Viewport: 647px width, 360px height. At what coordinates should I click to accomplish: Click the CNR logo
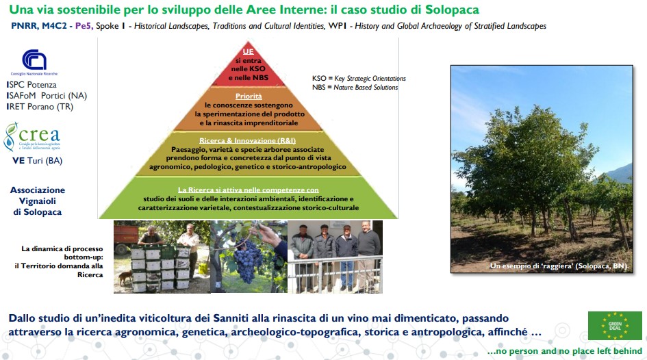pos(34,62)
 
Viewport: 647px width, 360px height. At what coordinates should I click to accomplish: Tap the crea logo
pos(32,137)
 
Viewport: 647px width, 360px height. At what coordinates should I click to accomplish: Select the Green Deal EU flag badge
pos(615,325)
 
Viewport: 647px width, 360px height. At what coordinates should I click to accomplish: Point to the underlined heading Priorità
pos(249,96)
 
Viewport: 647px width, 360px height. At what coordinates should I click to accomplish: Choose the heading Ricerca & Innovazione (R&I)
pos(248,140)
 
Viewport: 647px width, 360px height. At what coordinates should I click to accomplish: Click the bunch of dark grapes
pos(246,260)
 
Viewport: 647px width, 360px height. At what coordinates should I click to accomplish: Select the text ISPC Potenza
pos(31,85)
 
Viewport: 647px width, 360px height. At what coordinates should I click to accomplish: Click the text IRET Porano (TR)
pos(40,106)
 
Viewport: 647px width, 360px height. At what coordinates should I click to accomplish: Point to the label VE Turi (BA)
pos(37,160)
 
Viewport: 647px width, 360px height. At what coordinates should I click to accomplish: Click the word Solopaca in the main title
pos(452,9)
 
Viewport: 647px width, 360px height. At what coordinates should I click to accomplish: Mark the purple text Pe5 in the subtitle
pos(84,25)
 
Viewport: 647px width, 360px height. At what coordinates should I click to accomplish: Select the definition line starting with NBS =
pos(355,88)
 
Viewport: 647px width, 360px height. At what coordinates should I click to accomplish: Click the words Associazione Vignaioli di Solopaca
pos(37,201)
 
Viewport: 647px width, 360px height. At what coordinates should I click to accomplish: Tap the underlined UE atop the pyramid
pos(248,51)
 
